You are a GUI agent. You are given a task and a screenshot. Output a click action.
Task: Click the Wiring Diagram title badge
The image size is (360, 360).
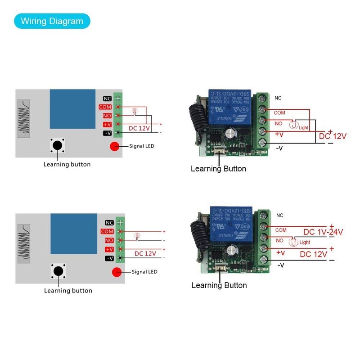(52, 21)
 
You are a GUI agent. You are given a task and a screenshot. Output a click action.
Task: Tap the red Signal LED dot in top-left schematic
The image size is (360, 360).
(114, 146)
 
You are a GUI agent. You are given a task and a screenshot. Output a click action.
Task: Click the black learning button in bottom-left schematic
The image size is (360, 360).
(58, 271)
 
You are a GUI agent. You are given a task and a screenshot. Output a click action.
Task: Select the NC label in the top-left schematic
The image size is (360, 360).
(107, 99)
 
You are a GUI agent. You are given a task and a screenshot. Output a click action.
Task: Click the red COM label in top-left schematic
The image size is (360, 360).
(106, 107)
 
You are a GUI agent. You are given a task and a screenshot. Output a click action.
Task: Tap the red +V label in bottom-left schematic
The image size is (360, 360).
(109, 249)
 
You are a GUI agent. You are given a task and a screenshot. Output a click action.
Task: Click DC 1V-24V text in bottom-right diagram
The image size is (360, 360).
(323, 232)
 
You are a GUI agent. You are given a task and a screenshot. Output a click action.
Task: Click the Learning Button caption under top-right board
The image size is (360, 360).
(218, 169)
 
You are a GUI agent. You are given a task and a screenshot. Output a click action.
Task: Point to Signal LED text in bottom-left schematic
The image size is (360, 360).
(144, 272)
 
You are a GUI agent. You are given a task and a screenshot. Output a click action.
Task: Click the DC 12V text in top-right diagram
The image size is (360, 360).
(333, 135)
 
